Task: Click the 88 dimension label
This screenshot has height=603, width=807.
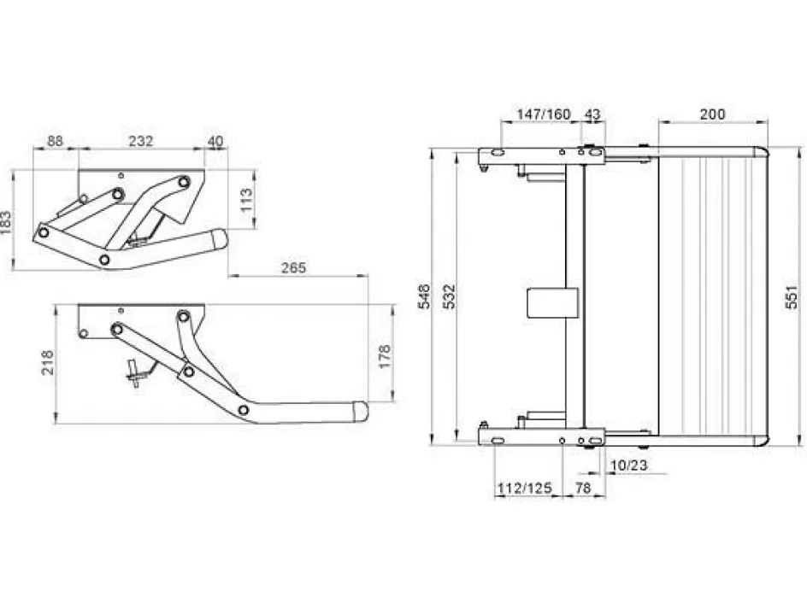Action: [55, 141]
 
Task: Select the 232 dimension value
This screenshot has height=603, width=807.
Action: [141, 141]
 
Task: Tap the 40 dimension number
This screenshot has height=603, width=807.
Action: [215, 141]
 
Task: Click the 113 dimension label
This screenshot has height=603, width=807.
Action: [247, 200]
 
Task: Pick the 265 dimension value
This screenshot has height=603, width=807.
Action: [292, 268]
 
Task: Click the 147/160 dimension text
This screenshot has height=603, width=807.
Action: [543, 114]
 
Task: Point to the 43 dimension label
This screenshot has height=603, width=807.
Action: [592, 114]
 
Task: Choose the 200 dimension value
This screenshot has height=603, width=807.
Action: [712, 114]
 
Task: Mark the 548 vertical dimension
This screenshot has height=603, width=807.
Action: [424, 296]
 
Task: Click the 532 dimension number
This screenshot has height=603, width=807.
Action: [451, 296]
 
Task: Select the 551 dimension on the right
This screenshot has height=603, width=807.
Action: [791, 296]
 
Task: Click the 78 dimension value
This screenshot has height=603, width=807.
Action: [583, 489]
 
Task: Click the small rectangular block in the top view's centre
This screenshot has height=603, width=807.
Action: [551, 302]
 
